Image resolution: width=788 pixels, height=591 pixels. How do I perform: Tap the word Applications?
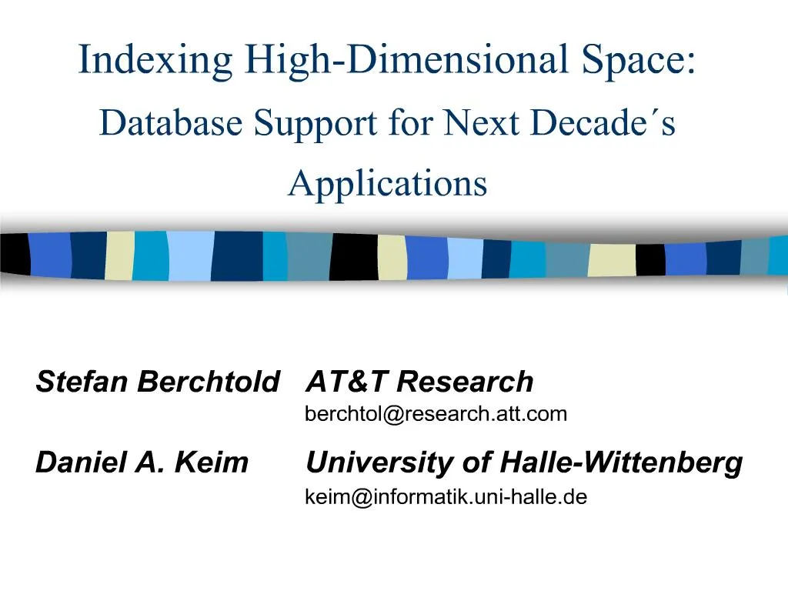click(x=388, y=183)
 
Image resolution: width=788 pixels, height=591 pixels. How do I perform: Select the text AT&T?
click(x=346, y=381)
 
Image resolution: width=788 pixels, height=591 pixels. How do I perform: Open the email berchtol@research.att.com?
click(x=436, y=414)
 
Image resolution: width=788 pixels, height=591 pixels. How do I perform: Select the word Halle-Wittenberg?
click(x=622, y=463)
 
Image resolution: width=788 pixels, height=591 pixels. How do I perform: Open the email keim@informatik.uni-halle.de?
click(x=446, y=497)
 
